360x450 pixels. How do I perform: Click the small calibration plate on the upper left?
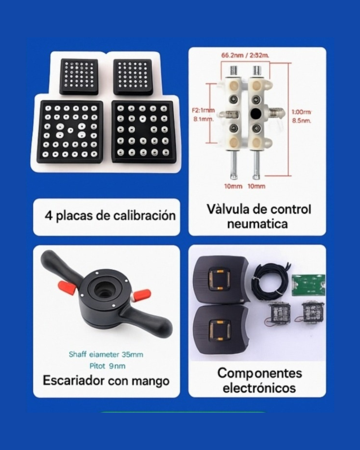pyautogui.click(x=79, y=76)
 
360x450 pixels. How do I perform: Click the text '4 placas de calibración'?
pyautogui.click(x=110, y=216)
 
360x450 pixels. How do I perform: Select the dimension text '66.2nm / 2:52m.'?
pyautogui.click(x=245, y=55)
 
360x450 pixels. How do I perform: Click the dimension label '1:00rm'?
pyautogui.click(x=301, y=112)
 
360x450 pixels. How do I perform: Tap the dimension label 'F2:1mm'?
pyautogui.click(x=203, y=110)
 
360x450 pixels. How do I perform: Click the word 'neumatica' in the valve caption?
pyautogui.click(x=257, y=224)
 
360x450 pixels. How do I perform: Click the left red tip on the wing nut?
pyautogui.click(x=65, y=287)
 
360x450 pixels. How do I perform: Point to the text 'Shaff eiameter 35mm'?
pyautogui.click(x=106, y=354)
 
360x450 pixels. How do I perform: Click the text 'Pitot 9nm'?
pyautogui.click(x=107, y=366)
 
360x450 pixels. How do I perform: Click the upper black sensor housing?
pyautogui.click(x=221, y=280)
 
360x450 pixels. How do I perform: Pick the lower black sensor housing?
pyautogui.click(x=221, y=330)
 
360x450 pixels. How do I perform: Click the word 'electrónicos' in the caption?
pyautogui.click(x=259, y=388)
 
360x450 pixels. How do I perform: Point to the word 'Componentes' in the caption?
pyautogui.click(x=260, y=373)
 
